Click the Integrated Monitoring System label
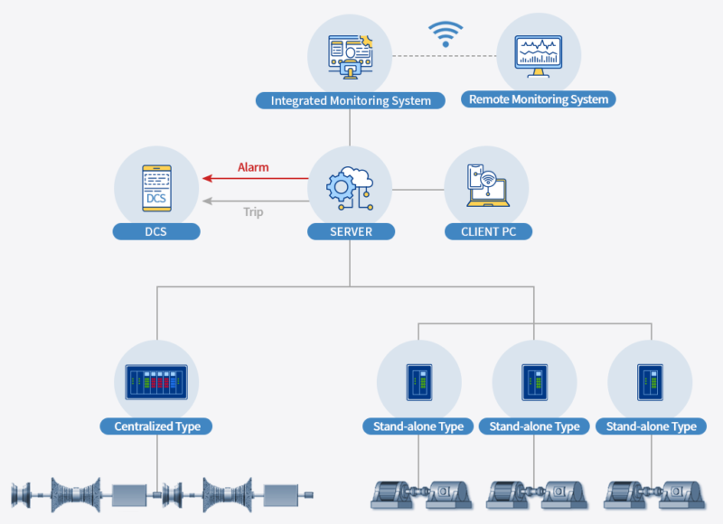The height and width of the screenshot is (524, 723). click(x=351, y=100)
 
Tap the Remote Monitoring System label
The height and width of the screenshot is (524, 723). click(x=538, y=99)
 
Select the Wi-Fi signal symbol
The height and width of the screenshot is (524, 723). click(x=445, y=34)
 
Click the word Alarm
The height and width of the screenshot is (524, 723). click(x=253, y=167)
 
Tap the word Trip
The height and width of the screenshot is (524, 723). click(x=253, y=212)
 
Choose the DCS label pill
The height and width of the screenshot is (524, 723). click(x=156, y=232)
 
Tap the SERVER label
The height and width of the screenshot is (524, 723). click(x=351, y=232)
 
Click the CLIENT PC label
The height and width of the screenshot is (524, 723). click(x=488, y=232)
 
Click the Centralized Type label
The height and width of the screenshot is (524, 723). click(x=156, y=426)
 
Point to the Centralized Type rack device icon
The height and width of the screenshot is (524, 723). click(x=156, y=381)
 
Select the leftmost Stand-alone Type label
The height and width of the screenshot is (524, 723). click(x=418, y=426)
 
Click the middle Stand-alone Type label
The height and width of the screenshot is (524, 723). click(x=534, y=426)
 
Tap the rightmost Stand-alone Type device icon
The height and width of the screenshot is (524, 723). click(x=650, y=381)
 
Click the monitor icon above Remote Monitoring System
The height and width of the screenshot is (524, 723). click(x=538, y=54)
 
